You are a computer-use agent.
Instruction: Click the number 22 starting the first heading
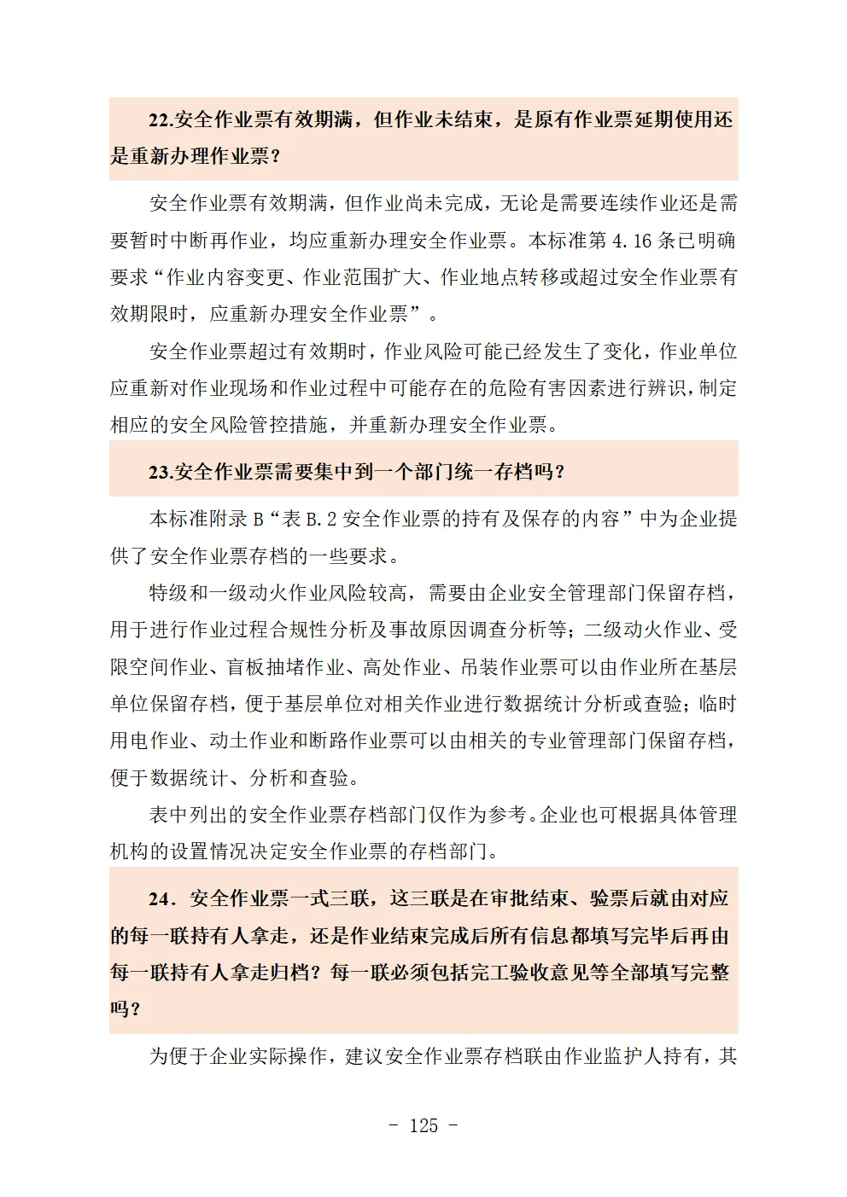(160, 120)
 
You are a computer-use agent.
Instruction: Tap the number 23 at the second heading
(160, 472)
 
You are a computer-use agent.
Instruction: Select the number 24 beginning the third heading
(160, 898)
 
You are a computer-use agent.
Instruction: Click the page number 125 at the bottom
(423, 1125)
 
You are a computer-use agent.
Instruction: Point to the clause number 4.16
(632, 241)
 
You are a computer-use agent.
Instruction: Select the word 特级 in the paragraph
(168, 593)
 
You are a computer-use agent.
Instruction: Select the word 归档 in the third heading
(289, 973)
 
